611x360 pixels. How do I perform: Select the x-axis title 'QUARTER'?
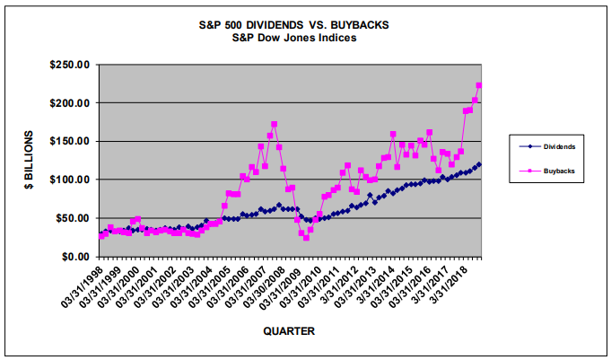[288, 331]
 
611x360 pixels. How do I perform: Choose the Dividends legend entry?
[550, 145]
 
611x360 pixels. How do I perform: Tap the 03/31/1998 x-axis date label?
[87, 286]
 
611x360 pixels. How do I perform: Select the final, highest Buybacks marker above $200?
[479, 85]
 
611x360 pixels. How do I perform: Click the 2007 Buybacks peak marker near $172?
[274, 124]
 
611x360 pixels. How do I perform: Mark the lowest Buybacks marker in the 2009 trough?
[306, 238]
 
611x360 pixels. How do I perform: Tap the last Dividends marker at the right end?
[479, 164]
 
